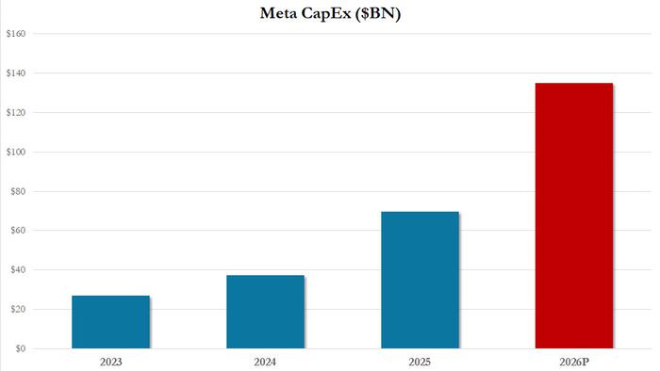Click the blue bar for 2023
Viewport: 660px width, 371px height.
(110, 322)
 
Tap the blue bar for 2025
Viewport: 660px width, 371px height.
(420, 280)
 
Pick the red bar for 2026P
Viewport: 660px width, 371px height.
(574, 216)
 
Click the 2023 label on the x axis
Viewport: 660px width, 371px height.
(110, 361)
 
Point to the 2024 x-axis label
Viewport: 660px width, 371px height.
(265, 361)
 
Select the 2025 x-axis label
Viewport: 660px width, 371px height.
(420, 361)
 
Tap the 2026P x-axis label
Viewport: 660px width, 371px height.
(574, 361)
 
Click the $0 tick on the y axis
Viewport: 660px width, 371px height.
(15, 349)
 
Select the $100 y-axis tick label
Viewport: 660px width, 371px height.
(15, 152)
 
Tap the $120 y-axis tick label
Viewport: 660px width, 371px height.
(15, 113)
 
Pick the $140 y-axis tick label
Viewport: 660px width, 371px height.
(15, 73)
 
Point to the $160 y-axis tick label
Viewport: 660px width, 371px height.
(15, 34)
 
